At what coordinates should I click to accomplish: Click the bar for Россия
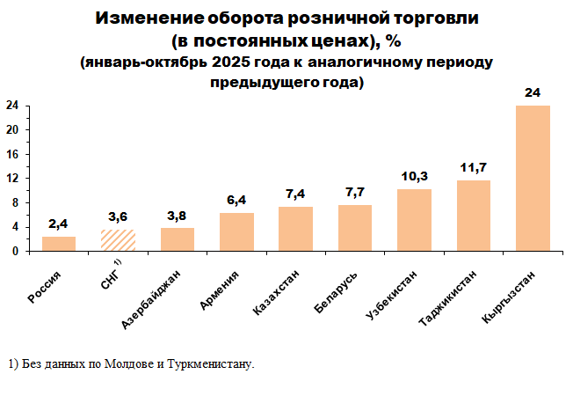tap(59, 244)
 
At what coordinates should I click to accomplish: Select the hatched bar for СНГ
tap(118, 240)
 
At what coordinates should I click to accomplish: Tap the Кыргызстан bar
tap(533, 179)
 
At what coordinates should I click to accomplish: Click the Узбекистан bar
tap(414, 220)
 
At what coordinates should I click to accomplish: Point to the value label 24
tap(533, 92)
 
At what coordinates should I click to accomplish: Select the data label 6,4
tap(236, 200)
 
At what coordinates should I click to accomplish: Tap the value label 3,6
tap(118, 216)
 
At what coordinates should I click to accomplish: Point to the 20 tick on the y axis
tap(13, 129)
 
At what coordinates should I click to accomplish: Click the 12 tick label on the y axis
tap(13, 178)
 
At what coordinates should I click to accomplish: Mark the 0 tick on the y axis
tap(16, 251)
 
